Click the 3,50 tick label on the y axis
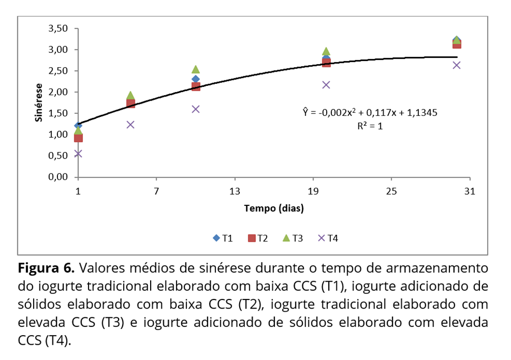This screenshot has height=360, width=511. [58, 28]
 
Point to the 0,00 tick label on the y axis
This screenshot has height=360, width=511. [58, 177]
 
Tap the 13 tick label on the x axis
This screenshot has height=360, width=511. [235, 191]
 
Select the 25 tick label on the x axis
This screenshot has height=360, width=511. [391, 191]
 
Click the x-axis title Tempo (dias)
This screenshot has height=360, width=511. [274, 208]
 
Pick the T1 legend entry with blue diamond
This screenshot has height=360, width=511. [222, 238]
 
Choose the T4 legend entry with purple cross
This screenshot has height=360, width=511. [327, 238]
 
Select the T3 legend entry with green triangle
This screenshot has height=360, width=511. [292, 238]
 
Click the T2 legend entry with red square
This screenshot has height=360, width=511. [258, 238]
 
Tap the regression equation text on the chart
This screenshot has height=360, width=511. [370, 112]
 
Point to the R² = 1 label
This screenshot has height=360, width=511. [370, 126]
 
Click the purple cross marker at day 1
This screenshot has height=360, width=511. [78, 154]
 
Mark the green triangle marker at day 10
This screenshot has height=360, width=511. [195, 69]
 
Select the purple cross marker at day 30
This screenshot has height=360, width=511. [457, 65]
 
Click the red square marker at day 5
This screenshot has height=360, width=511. [130, 103]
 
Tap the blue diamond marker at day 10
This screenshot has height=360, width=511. [195, 79]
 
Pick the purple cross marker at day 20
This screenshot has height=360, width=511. [326, 84]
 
